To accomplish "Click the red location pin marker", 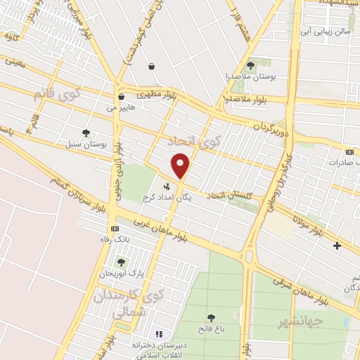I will (x=181, y=165).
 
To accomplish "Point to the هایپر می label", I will (x=122, y=108).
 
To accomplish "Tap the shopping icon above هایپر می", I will (x=122, y=97).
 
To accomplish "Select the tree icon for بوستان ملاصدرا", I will (x=250, y=65).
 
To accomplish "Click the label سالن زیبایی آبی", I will (x=324, y=32).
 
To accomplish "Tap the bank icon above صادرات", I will (x=350, y=151).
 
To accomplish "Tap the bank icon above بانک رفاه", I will (x=115, y=229).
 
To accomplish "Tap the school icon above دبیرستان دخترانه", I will (x=158, y=333).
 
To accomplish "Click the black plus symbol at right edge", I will (x=337, y=245).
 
